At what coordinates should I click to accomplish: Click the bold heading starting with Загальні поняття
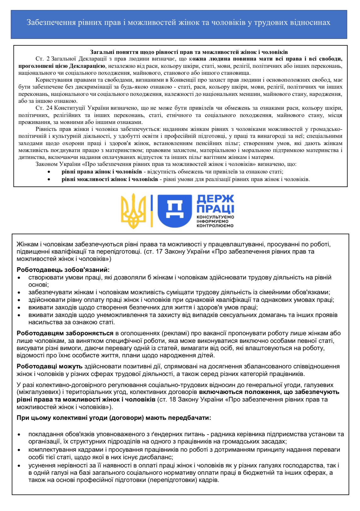(189, 52)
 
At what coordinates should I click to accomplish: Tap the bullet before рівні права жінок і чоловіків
(49, 172)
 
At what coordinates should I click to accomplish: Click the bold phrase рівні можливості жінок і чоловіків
(110, 179)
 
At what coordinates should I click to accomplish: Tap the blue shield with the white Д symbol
(174, 211)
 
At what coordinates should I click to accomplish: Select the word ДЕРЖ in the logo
(215, 199)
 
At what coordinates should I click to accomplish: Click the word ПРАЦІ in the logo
(215, 209)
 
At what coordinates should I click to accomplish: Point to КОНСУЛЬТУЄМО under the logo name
(215, 217)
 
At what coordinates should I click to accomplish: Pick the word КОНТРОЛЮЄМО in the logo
(215, 226)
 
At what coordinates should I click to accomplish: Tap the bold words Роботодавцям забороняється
(65, 333)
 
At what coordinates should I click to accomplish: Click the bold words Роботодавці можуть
(50, 367)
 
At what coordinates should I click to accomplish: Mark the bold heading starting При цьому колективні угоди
(114, 418)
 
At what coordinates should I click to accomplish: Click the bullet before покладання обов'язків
(20, 435)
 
